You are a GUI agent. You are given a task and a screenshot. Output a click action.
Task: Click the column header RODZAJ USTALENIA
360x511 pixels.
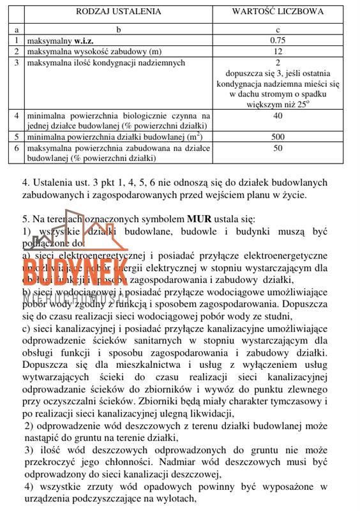(119, 11)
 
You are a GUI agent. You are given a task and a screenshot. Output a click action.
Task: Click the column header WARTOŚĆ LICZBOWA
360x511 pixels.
(278, 11)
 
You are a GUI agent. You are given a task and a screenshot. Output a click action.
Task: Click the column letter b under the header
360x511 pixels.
(119, 29)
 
